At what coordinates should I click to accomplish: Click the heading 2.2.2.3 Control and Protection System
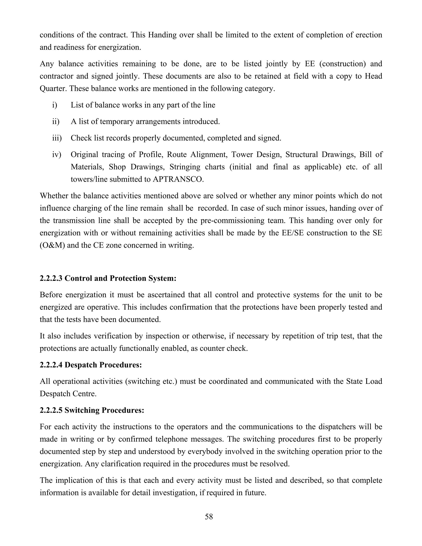108,278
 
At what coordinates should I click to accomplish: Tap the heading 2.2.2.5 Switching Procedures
92,410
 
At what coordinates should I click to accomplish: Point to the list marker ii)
55,122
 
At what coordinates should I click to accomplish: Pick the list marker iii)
57,138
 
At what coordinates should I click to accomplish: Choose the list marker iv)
56,155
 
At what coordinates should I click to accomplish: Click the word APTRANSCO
178,179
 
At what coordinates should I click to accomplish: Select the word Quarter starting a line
53,89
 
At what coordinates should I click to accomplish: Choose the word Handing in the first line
162,35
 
